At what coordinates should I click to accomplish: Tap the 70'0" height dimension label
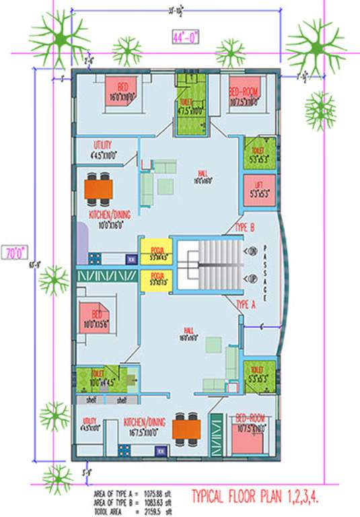pyautogui.click(x=14, y=254)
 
